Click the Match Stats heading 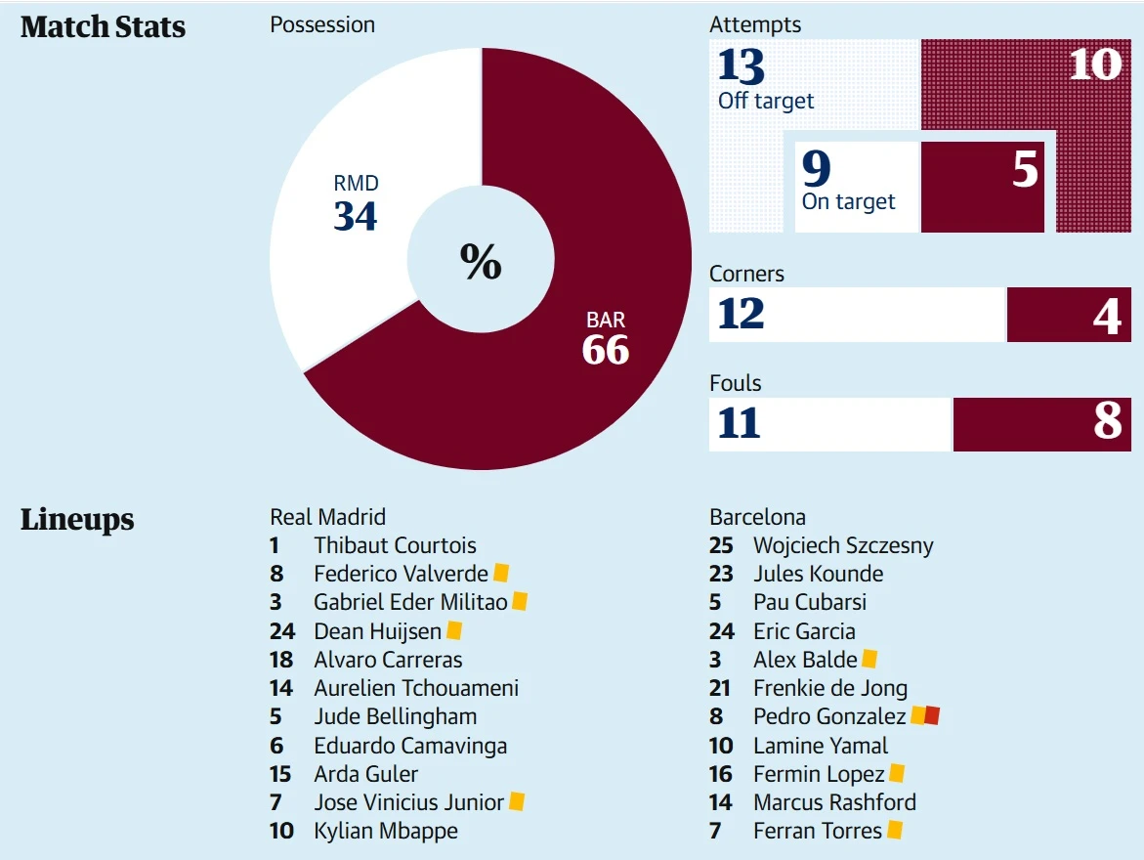pos(103,27)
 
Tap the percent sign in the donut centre pos(481,261)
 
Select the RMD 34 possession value pos(355,215)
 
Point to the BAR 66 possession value pos(606,349)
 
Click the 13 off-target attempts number pos(741,65)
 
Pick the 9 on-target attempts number pos(816,169)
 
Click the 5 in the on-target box pos(1025,170)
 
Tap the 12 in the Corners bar pos(741,314)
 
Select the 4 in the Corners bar pos(1107,315)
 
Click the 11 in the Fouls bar pos(739,424)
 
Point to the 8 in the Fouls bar pos(1108,423)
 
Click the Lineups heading pos(77,520)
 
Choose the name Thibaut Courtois pos(395,545)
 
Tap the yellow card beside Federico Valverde pos(501,574)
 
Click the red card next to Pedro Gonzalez pos(932,716)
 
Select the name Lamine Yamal pos(821,746)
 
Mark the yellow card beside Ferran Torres pos(895,831)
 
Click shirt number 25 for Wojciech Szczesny pos(721,545)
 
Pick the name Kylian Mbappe pos(385,832)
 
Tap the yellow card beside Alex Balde pos(869,660)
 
